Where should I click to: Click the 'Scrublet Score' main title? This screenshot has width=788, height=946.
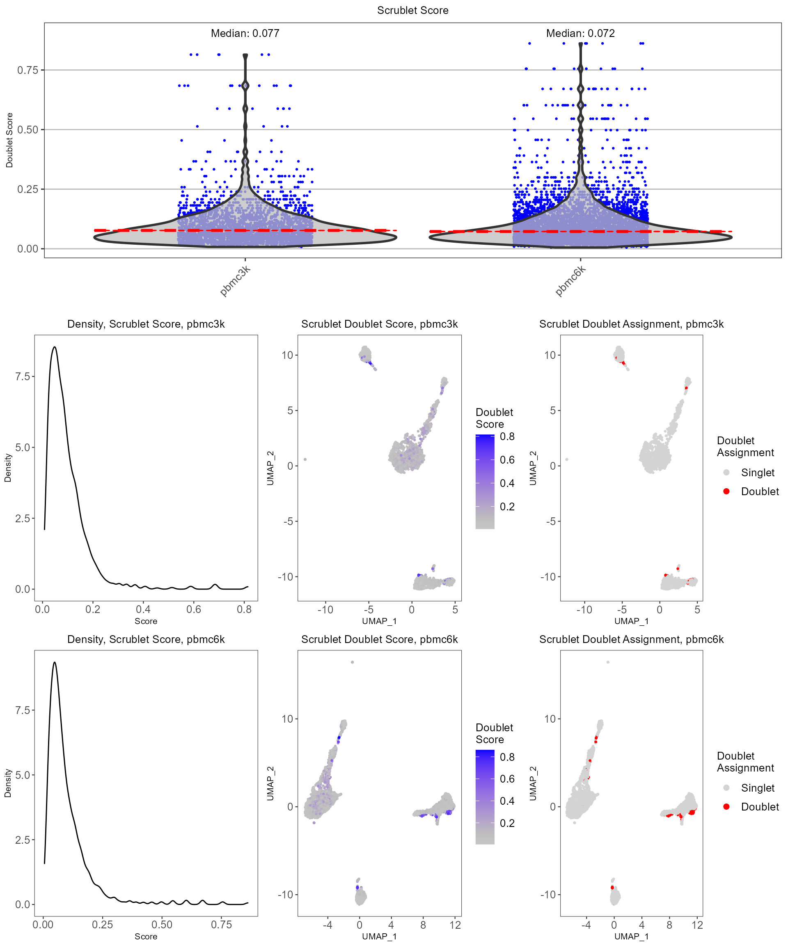[x=412, y=10]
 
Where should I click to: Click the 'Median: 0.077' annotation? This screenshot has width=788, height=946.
[x=245, y=33]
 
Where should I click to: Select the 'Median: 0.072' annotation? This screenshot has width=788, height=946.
[x=580, y=33]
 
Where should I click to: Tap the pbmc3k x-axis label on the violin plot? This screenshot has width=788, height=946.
[x=235, y=281]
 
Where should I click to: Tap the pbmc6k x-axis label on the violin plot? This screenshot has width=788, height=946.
[x=570, y=281]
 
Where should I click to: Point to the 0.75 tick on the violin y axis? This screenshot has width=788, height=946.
[x=27, y=70]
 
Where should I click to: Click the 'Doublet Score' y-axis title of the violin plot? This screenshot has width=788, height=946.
[x=9, y=140]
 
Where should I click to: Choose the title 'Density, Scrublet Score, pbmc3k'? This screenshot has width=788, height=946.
[x=146, y=324]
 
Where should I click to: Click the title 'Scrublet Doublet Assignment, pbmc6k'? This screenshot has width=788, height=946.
[x=631, y=639]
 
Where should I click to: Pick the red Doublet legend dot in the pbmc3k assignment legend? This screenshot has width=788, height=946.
[x=726, y=491]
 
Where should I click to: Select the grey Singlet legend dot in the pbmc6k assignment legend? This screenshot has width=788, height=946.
[x=726, y=788]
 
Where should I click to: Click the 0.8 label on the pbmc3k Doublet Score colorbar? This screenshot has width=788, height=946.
[x=507, y=436]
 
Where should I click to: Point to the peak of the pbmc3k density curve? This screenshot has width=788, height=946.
[x=55, y=347]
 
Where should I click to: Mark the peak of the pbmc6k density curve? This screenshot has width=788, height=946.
[x=55, y=662]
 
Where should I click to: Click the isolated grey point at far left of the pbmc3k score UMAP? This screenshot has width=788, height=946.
[x=305, y=459]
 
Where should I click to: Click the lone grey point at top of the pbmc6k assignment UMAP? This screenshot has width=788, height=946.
[x=608, y=662]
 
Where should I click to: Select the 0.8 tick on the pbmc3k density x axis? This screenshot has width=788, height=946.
[x=244, y=609]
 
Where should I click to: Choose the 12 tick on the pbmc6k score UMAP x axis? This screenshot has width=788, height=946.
[x=455, y=925]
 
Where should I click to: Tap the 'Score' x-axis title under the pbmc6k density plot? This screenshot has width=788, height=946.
[x=146, y=937]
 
